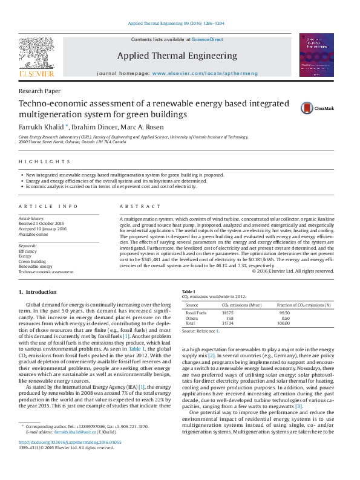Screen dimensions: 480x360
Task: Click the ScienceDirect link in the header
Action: click(x=208, y=39)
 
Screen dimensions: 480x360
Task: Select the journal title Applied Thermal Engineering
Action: click(x=177, y=56)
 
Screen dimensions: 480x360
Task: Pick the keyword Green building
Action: click(x=32, y=261)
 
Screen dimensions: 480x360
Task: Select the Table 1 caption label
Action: click(x=188, y=291)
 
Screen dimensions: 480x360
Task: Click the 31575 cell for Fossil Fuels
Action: click(x=227, y=313)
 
